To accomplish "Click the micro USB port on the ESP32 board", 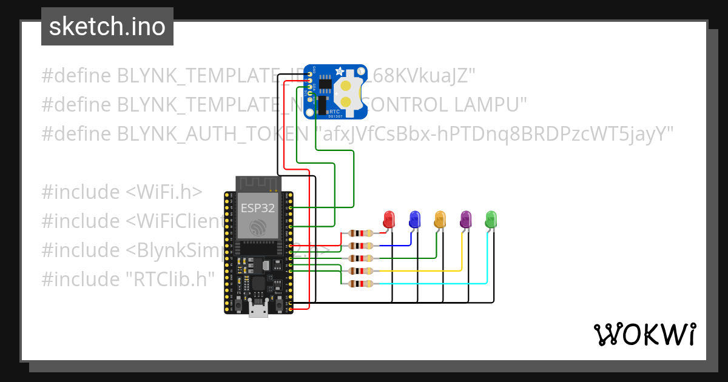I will click(x=258, y=310).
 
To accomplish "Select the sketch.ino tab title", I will click(x=107, y=27).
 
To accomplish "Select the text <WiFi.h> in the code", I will click(x=164, y=192).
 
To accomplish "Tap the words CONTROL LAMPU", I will click(x=446, y=104).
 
